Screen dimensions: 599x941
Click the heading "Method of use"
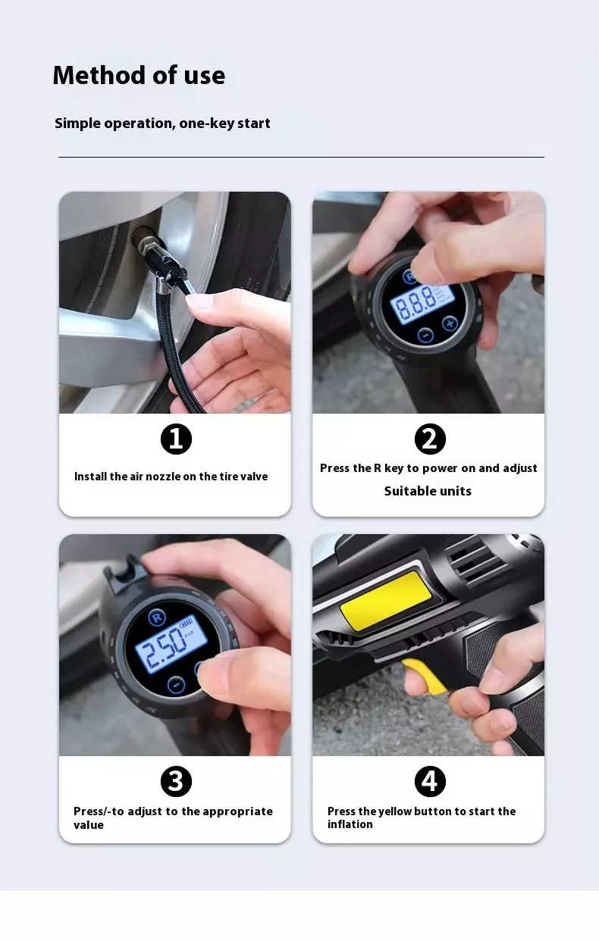tap(139, 76)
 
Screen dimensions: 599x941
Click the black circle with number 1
tap(176, 439)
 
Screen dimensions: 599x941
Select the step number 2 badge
tap(430, 439)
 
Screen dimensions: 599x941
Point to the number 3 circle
tap(176, 781)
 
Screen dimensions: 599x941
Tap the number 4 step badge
tap(430, 781)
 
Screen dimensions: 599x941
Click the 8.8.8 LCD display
tap(422, 304)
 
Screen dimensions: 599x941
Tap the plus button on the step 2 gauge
tap(450, 324)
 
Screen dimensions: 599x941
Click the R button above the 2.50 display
tap(157, 617)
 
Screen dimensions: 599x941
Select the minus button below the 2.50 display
tap(176, 684)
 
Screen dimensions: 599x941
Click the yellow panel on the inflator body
tap(386, 600)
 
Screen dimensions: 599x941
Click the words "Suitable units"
tap(428, 491)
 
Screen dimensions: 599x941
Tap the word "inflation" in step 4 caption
tap(350, 824)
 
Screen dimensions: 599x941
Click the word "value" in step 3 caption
tap(88, 825)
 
